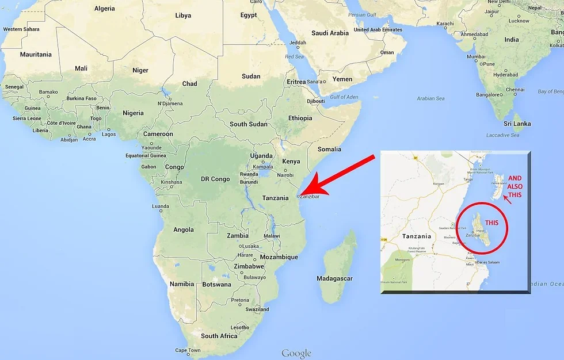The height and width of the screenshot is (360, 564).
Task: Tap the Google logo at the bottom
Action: [296, 353]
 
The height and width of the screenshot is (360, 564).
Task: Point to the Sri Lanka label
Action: [517, 124]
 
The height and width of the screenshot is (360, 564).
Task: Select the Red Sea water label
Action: [294, 56]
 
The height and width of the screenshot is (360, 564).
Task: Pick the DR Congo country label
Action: [216, 179]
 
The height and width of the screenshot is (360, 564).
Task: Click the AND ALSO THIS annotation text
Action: [515, 186]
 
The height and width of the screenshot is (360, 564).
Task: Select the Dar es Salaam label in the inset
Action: [483, 263]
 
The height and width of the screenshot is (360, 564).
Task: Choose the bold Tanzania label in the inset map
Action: [417, 236]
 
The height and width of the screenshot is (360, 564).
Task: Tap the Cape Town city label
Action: [188, 350]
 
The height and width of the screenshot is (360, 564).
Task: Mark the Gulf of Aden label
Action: [344, 97]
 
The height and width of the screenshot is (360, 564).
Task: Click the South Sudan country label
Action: [249, 124]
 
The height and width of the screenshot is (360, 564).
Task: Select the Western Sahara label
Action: [21, 29]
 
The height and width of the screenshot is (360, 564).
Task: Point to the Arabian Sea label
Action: [430, 98]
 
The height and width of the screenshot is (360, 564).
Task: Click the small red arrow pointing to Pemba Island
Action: [506, 200]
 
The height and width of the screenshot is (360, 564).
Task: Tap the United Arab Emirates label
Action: [378, 30]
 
